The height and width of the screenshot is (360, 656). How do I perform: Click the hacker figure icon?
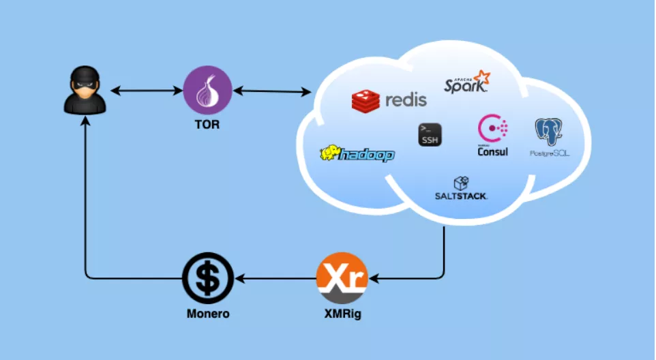coord(85,91)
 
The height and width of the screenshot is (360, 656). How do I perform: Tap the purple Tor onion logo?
coord(208,91)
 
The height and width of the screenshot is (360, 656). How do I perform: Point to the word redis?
coord(406,100)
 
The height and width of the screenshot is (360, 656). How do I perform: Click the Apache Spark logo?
coord(468,81)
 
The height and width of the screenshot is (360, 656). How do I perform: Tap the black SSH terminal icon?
coord(430,134)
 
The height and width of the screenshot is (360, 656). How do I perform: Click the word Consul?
coord(493,151)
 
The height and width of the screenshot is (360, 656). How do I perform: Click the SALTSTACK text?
coord(462,196)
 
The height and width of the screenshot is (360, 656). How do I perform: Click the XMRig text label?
coord(342,314)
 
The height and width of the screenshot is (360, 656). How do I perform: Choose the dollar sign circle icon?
coord(208,278)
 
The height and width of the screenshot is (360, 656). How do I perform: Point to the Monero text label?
coord(208,314)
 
